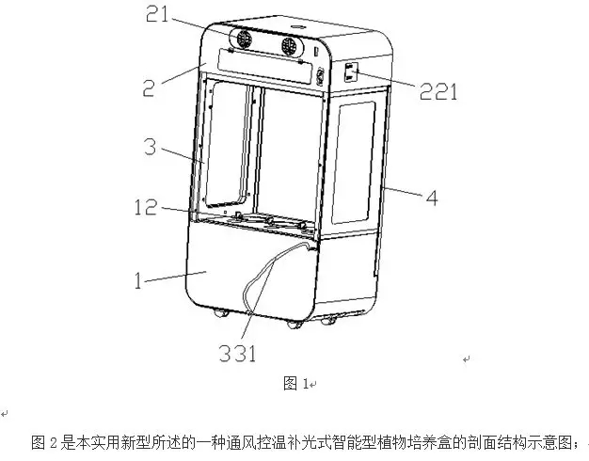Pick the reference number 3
click(x=152, y=148)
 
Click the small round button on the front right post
click(x=320, y=75)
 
